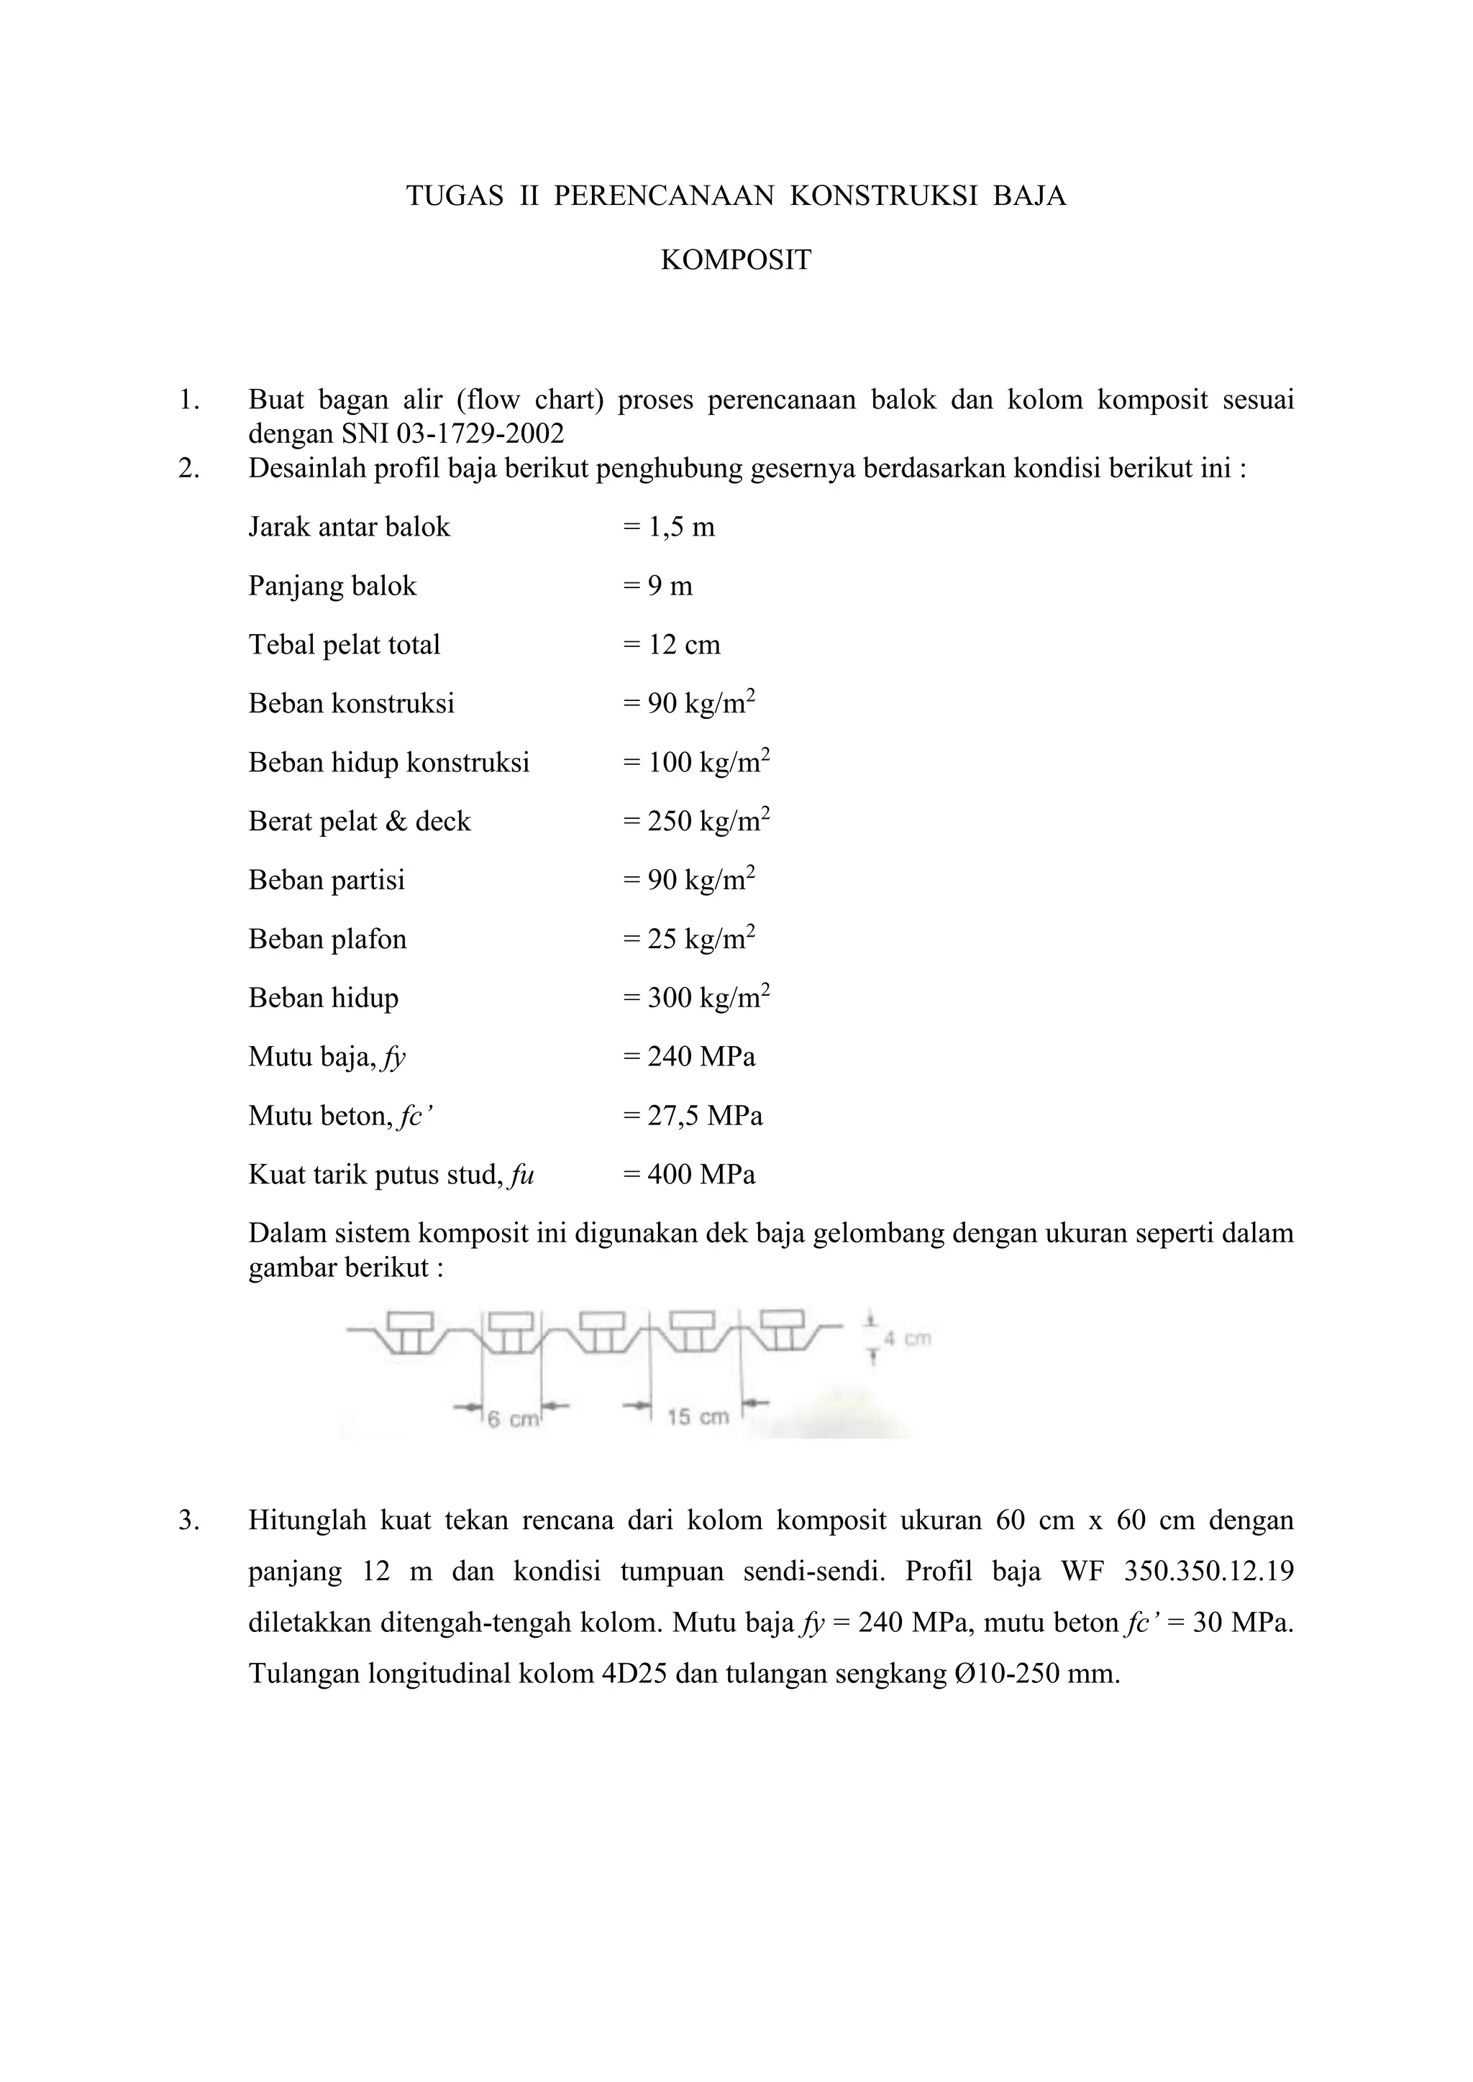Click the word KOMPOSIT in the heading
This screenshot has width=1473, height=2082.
pyautogui.click(x=736, y=260)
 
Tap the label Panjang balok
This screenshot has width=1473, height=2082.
pyautogui.click(x=332, y=586)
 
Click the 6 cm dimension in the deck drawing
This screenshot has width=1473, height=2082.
pyautogui.click(x=513, y=1419)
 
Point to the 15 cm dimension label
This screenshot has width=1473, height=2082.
pyautogui.click(x=698, y=1416)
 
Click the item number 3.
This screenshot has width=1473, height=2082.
pyautogui.click(x=188, y=1520)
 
